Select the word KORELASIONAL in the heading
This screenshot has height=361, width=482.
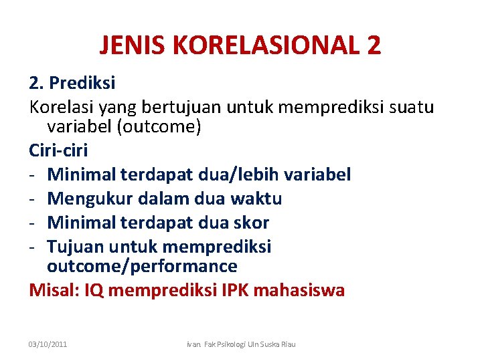[x=265, y=45]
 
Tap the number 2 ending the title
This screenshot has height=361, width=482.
[x=374, y=45]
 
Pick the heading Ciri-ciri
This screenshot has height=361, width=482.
[x=59, y=150]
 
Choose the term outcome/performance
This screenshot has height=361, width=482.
[x=142, y=266]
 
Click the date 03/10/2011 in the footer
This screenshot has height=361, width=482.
[x=48, y=344]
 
